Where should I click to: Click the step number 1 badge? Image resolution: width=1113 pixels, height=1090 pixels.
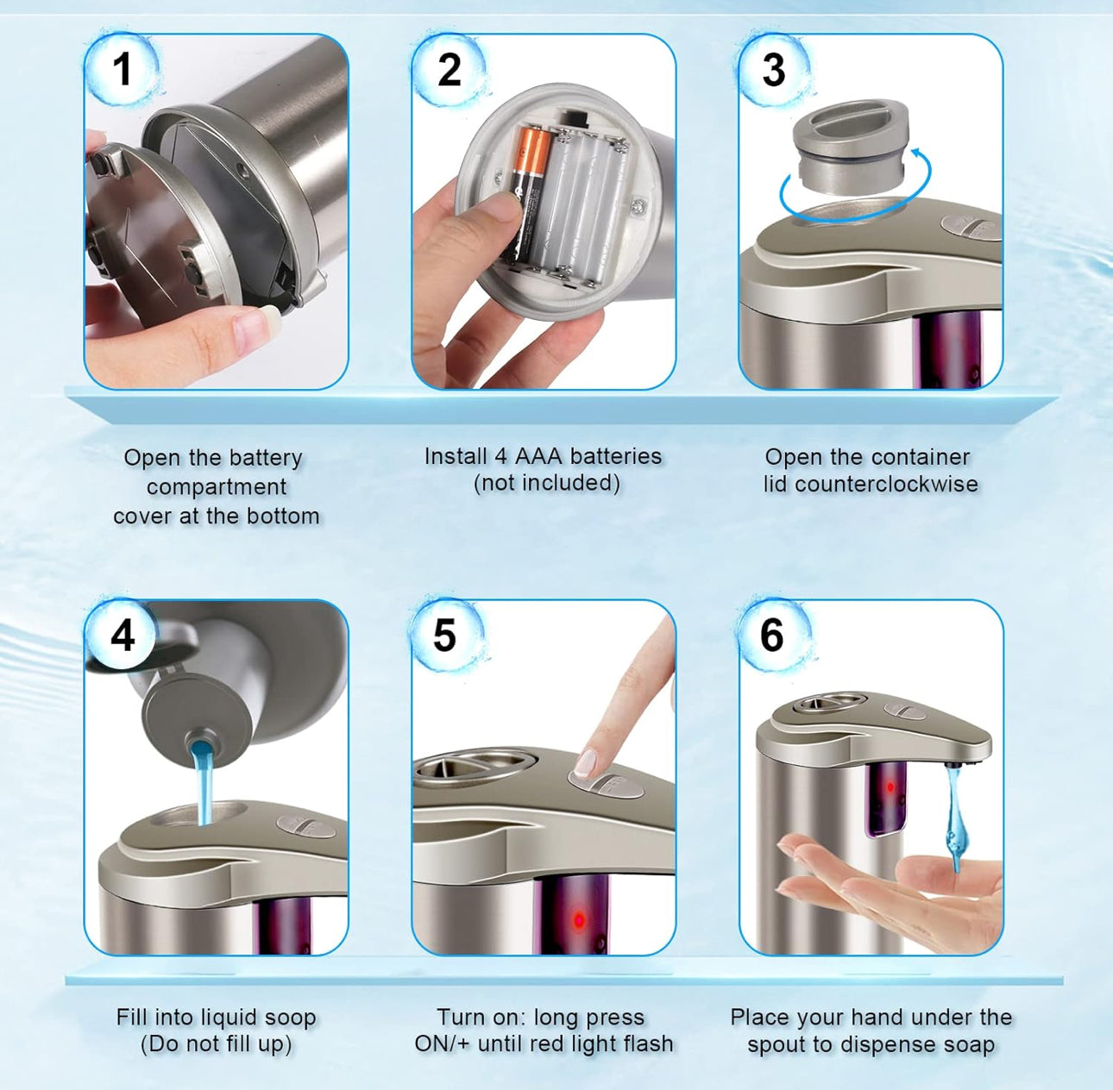click(122, 69)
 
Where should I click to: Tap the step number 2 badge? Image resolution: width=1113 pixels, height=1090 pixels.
click(449, 69)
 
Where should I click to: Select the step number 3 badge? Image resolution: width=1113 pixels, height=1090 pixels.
click(774, 69)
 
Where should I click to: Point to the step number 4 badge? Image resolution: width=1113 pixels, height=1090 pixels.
click(122, 636)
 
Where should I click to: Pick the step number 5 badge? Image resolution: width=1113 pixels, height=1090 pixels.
click(444, 636)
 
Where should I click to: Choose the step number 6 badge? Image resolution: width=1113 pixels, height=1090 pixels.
click(772, 636)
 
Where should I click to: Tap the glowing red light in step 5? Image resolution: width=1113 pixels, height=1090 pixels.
click(578, 919)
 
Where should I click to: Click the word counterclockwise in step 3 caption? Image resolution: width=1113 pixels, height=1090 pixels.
click(886, 484)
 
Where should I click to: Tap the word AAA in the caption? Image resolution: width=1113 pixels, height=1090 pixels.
click(538, 456)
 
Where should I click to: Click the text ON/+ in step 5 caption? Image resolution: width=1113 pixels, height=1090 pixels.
click(442, 1043)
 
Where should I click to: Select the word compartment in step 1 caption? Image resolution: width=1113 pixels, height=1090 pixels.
click(216, 486)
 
